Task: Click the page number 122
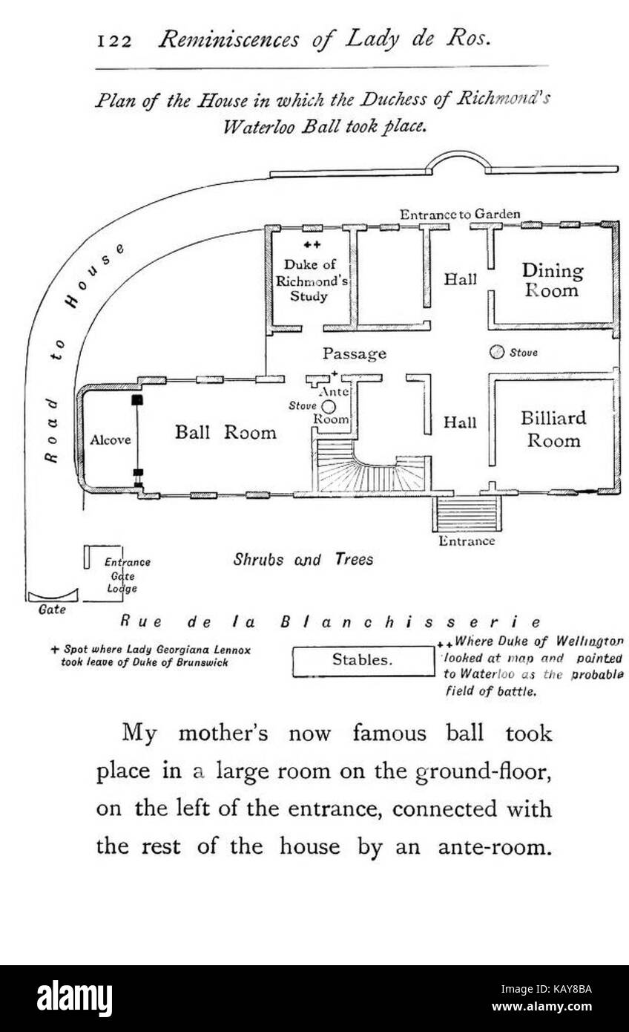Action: tap(114, 42)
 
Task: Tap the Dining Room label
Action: tap(552, 280)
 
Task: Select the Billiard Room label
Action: tap(553, 429)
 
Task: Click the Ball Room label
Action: tap(225, 432)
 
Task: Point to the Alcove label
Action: tap(111, 440)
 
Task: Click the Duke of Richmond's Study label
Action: tap(311, 280)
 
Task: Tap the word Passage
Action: tap(355, 354)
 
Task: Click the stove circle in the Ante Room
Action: tap(329, 407)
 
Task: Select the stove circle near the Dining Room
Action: tap(496, 352)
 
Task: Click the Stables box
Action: tap(363, 661)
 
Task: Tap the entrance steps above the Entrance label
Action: tap(466, 514)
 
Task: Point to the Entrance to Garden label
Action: tap(460, 215)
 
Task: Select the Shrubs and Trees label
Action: tap(303, 559)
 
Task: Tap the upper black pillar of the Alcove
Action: tap(137, 400)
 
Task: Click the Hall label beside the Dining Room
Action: tap(460, 279)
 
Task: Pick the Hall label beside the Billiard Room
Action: tap(460, 422)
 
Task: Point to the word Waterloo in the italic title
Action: tap(260, 126)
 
